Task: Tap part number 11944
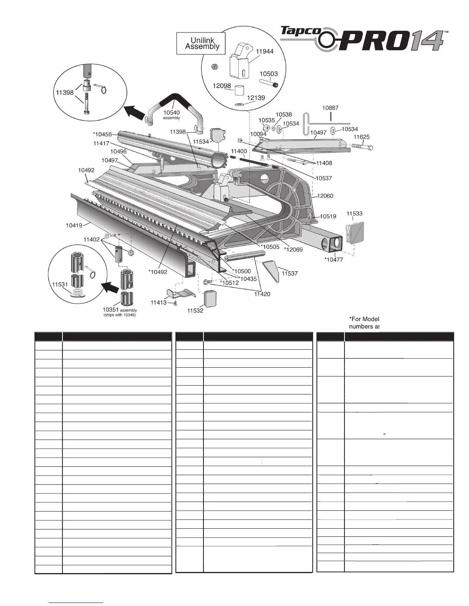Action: tap(265, 51)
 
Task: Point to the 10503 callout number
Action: tap(269, 74)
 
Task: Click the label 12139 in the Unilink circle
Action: tap(256, 98)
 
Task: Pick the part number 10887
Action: tap(330, 108)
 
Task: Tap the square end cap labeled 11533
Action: tap(354, 231)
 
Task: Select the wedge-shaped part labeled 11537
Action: tap(272, 270)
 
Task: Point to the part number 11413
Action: tap(158, 303)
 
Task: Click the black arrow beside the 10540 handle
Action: tap(134, 113)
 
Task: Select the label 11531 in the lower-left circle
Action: tap(60, 284)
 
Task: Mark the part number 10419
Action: tap(74, 225)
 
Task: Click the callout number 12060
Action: tap(325, 196)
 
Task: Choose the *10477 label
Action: tap(334, 259)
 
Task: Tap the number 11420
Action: tap(262, 294)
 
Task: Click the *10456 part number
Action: tap(102, 134)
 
